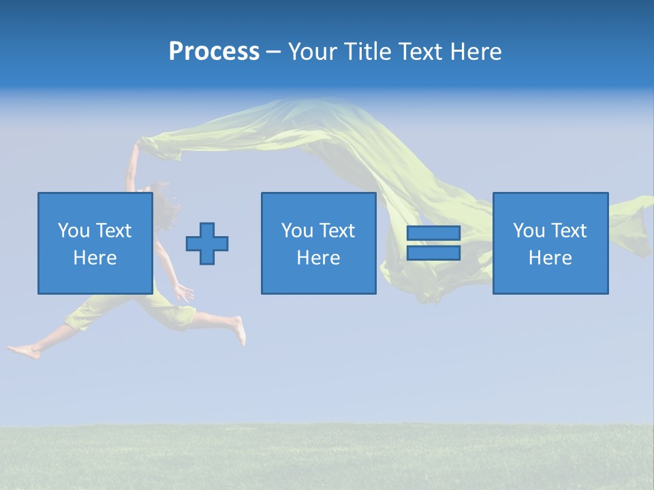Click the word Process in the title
click(x=214, y=52)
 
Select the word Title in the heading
click(x=367, y=52)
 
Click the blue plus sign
click(x=207, y=243)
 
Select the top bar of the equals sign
click(x=433, y=233)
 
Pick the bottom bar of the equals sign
click(x=433, y=252)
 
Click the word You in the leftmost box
click(x=73, y=231)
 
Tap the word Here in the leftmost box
click(x=95, y=258)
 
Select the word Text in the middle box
click(x=337, y=231)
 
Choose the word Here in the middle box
click(x=318, y=258)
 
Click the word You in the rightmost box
click(x=528, y=231)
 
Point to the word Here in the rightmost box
click(x=550, y=258)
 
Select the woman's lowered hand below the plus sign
click(x=184, y=293)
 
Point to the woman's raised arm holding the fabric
click(x=131, y=167)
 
